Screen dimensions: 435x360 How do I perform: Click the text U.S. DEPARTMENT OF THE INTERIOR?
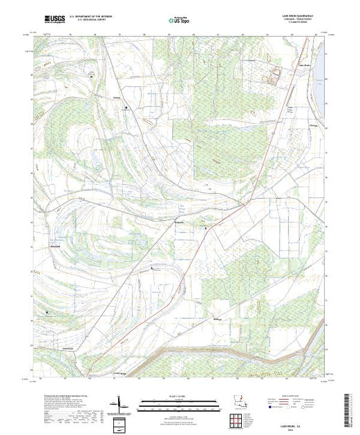91,14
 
